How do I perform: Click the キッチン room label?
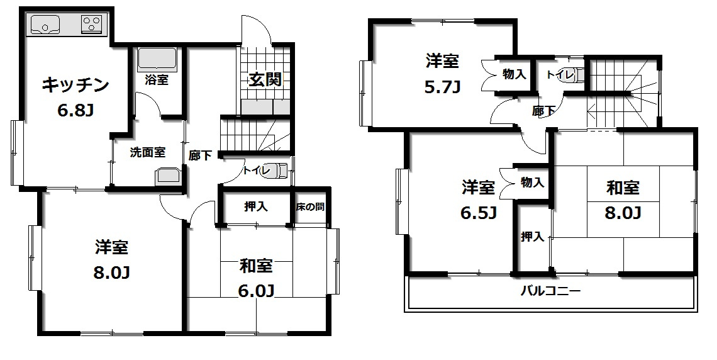point(76,85)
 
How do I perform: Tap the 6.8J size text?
point(76,111)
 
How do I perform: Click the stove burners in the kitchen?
point(92,25)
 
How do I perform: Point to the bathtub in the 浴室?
point(157,59)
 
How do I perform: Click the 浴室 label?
point(157,80)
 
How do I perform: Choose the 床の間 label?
point(311,206)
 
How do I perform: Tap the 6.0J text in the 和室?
point(257,291)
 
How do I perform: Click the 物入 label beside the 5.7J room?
point(514,75)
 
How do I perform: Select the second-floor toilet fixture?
point(577,74)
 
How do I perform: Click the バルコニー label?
point(550,291)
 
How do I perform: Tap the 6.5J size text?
point(479,213)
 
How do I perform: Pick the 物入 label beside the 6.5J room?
point(532,183)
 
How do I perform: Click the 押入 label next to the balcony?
point(532,237)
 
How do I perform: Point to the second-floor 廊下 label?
point(543,111)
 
